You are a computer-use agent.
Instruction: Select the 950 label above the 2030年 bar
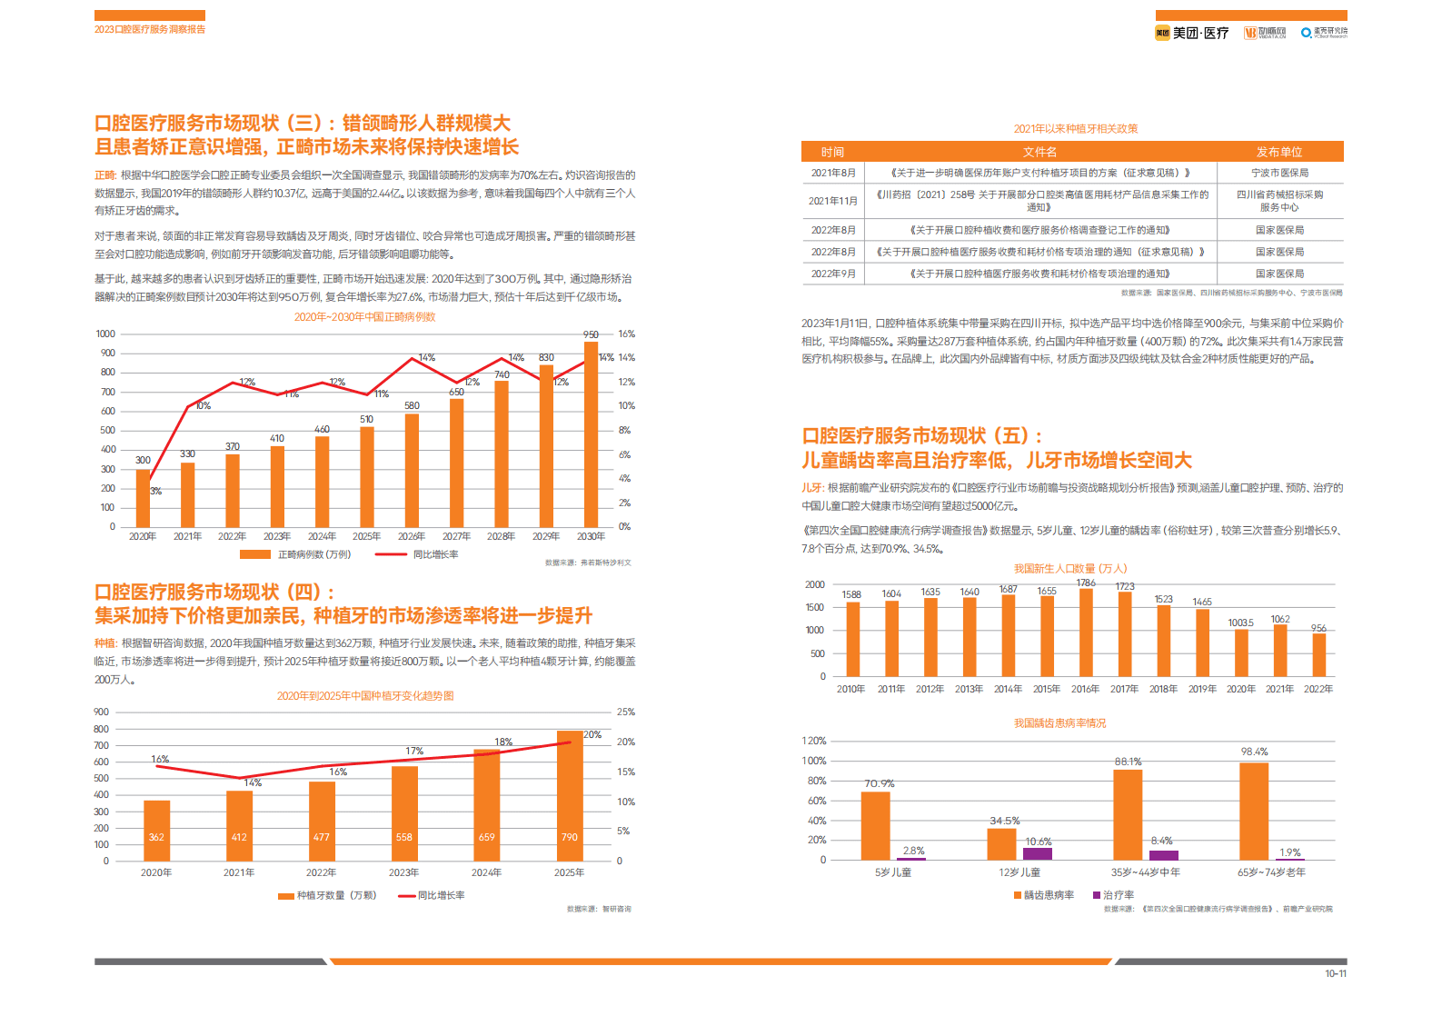point(591,334)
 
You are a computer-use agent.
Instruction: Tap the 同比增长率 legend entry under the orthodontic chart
point(435,554)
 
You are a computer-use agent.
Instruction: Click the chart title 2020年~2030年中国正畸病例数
point(364,317)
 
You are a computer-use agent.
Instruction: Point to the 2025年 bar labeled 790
point(570,795)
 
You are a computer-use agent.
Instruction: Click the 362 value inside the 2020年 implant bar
point(156,837)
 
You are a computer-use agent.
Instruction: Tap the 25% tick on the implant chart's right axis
point(625,712)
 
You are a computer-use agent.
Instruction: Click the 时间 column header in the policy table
point(832,152)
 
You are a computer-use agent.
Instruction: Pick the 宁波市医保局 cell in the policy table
point(1279,173)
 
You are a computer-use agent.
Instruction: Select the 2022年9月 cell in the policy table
point(833,274)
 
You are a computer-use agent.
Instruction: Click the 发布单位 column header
point(1279,152)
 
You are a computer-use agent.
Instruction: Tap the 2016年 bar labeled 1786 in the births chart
point(1086,633)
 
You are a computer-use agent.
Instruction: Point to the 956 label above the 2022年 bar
point(1318,628)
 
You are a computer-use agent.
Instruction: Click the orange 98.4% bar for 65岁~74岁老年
point(1254,811)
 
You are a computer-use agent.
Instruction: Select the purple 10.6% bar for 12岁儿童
point(1038,853)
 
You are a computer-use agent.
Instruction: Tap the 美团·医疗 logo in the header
point(1192,33)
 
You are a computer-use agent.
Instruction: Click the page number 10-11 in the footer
point(1335,974)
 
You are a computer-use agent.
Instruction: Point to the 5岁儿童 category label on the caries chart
point(893,872)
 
